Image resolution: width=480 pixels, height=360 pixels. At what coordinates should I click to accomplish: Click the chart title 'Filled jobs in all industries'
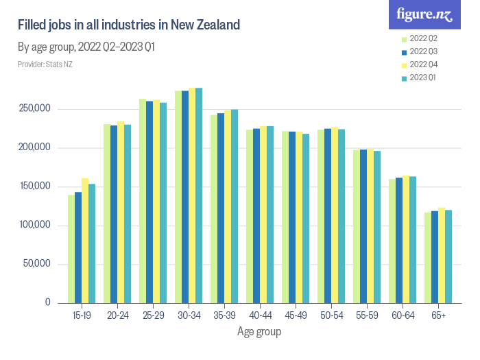(x=129, y=25)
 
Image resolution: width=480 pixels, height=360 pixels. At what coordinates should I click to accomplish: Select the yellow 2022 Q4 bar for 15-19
(x=85, y=240)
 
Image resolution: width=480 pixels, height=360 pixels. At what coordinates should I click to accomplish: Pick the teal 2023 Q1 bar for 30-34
(x=199, y=195)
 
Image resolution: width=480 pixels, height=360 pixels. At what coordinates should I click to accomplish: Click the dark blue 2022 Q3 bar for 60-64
(x=399, y=241)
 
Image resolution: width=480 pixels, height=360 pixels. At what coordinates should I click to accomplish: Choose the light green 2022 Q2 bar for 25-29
(x=143, y=201)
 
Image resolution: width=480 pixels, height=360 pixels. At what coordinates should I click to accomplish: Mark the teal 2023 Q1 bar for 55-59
(x=377, y=227)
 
